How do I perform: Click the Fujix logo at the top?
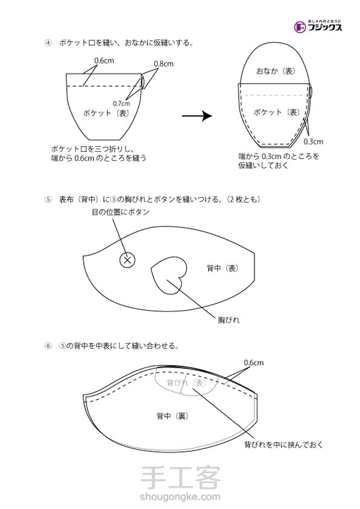point(318,26)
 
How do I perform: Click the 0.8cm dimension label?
point(163,64)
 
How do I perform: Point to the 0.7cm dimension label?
point(121,104)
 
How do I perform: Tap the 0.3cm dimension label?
point(313,141)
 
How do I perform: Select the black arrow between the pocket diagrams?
point(197,115)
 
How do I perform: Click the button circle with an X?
point(127,260)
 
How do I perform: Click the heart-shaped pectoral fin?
point(169,275)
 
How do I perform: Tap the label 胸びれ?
point(228,320)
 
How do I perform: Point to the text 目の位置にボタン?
point(120,212)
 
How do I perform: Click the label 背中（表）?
point(223,268)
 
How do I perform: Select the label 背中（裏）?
point(172,416)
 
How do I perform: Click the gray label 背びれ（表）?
point(186,382)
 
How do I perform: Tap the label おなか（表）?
point(276,71)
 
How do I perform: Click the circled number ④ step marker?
point(48,43)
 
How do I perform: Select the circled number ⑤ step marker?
point(48,200)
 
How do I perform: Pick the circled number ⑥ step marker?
point(48,346)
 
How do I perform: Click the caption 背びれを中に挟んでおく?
point(284,445)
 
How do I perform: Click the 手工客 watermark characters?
point(180,477)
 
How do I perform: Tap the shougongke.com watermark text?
point(180,497)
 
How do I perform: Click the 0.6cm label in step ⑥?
point(254,362)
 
